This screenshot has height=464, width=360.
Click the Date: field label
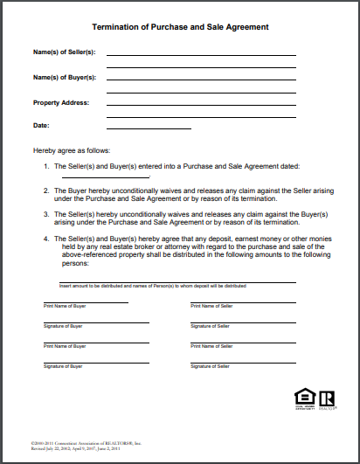[x=41, y=125]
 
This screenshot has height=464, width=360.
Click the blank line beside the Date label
[x=149, y=128]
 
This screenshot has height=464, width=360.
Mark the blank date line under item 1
[x=93, y=177]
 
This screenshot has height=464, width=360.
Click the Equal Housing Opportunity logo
[x=301, y=398]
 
